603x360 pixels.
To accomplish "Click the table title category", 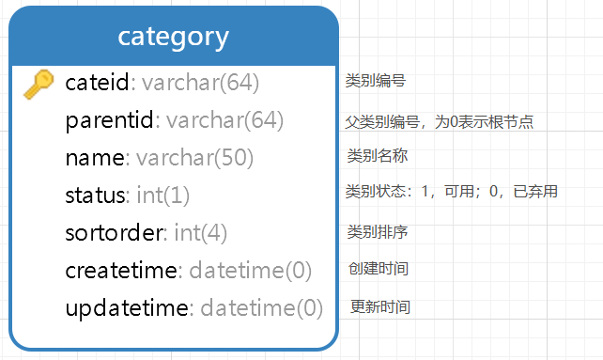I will [173, 37].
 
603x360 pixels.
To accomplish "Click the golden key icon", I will [38, 84].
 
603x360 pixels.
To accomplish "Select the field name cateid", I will [97, 83].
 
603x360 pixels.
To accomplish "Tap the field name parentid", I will [109, 120].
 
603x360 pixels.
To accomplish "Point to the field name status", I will [95, 196].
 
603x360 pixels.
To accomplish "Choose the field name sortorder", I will [115, 233].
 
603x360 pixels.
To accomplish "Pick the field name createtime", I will [121, 271].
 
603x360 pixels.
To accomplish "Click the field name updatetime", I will [127, 308].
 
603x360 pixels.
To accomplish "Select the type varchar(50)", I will [195, 158].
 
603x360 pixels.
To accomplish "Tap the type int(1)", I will [163, 196].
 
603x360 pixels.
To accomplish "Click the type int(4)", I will [201, 233].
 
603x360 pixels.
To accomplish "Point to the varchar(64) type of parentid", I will [224, 120].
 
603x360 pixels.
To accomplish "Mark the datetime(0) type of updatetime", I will [262, 308].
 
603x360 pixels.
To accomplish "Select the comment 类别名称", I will [377, 156].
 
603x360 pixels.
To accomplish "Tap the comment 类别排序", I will [377, 231].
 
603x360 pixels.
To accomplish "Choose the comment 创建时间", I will [378, 269].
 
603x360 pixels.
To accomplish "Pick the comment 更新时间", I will [379, 307].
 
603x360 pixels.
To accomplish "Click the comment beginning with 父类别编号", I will [440, 121].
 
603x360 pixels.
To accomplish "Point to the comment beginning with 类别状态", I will [452, 192].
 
